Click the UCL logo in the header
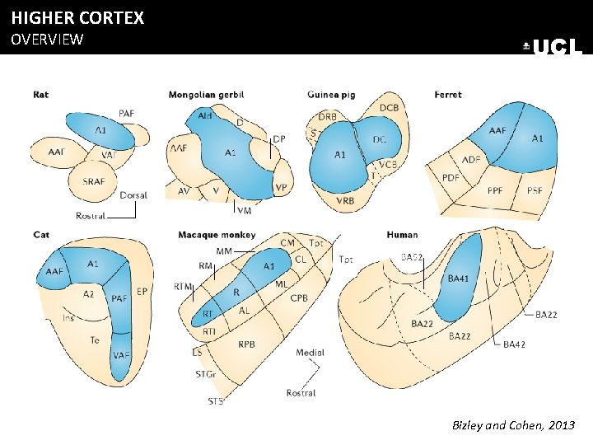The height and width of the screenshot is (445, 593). coord(553,47)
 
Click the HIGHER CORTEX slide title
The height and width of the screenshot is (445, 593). coord(77,17)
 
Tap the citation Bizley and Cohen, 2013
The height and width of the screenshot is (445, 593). coord(514,425)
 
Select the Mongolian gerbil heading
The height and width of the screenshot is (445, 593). coord(206,95)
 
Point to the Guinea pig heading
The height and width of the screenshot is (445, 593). coord(331,95)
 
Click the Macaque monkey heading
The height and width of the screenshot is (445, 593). coord(217,235)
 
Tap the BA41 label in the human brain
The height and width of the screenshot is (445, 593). coord(459,279)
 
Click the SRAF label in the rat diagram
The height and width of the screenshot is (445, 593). coord(94,181)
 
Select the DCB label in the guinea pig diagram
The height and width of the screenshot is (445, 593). coord(390,108)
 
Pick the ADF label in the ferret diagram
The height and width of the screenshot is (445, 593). coord(471,159)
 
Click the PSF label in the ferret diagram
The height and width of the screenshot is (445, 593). coord(535,190)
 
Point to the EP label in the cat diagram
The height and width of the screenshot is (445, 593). coord(142,291)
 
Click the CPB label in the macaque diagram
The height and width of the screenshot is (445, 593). coord(299,297)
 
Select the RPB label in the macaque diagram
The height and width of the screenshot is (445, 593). coord(247,344)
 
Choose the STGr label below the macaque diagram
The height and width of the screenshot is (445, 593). coord(206,375)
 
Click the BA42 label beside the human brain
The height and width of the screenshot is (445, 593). coord(515,344)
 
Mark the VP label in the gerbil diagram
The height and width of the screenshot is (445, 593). coord(281,188)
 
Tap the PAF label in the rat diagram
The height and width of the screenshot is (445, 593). coord(127,113)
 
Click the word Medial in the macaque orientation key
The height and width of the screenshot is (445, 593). coord(311,353)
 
